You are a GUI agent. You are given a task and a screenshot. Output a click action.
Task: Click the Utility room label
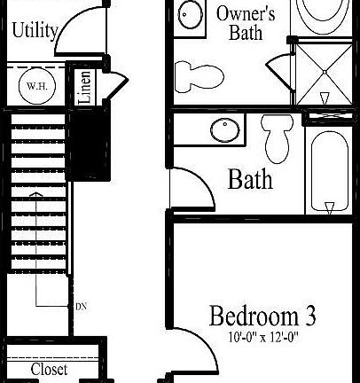(x=35, y=30)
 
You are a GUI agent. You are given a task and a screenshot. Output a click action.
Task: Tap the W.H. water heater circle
(x=36, y=86)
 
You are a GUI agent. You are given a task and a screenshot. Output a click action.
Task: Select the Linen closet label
(x=84, y=88)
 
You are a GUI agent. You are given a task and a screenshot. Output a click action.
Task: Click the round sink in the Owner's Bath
(x=189, y=14)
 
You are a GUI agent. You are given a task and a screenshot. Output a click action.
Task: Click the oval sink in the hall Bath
(x=223, y=129)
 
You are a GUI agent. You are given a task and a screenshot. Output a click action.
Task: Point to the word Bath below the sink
(x=250, y=179)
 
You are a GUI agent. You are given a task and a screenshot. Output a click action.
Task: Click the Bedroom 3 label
(x=262, y=316)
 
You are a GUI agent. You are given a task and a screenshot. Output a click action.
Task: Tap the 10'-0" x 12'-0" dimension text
(x=262, y=338)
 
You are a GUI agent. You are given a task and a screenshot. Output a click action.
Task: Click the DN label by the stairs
(x=81, y=307)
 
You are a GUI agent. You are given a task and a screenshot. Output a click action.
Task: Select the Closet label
(x=49, y=368)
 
